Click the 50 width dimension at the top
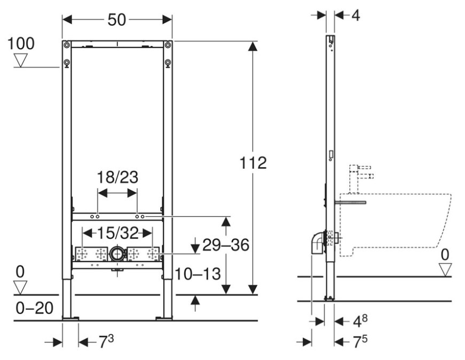[x=117, y=20]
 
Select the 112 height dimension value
[x=253, y=163]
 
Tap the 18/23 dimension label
[x=117, y=177]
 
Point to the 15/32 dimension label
[x=118, y=233]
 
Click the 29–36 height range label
[x=226, y=245]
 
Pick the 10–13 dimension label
[x=198, y=273]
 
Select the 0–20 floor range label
[x=34, y=308]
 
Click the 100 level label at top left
[x=21, y=44]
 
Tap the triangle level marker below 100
[x=21, y=60]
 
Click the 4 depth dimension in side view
[x=356, y=15]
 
